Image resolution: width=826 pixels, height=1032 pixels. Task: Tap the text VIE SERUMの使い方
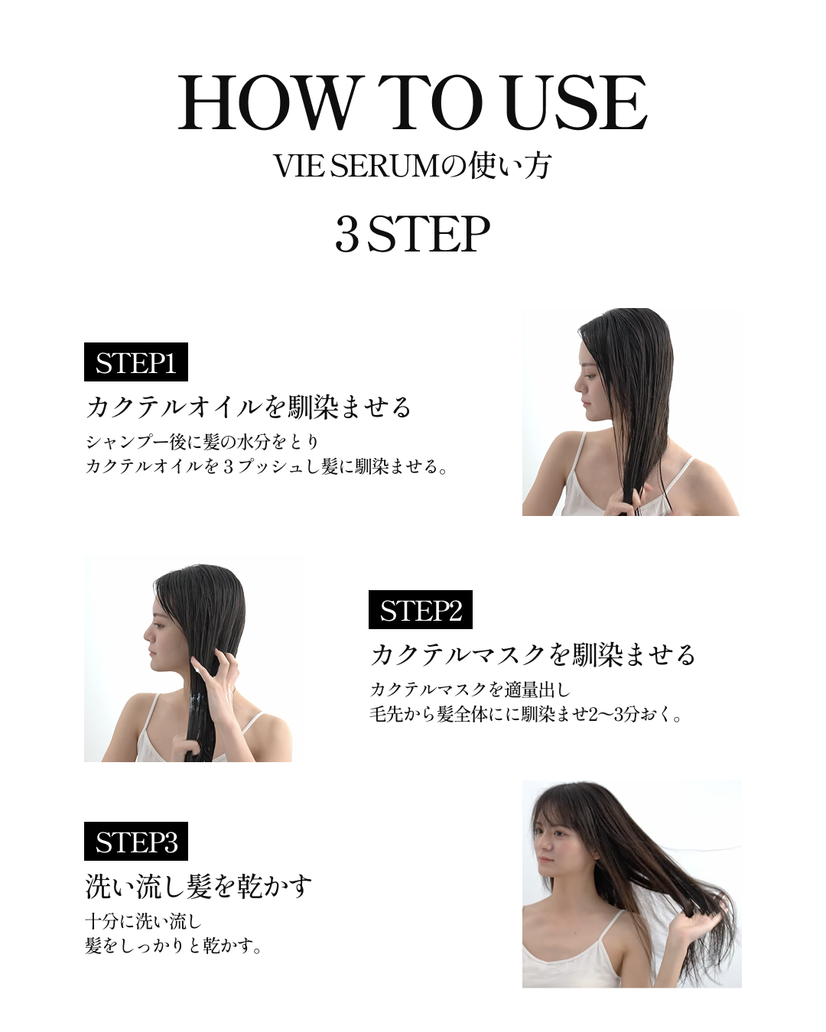[x=412, y=166]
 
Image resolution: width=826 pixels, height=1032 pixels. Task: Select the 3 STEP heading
[x=412, y=234]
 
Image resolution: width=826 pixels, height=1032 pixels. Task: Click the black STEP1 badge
[x=135, y=362]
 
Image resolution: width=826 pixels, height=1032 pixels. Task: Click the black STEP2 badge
[x=420, y=610]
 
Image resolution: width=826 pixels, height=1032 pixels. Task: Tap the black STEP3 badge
[x=135, y=842]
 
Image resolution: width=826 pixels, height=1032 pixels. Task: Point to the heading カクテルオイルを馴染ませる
[x=249, y=407]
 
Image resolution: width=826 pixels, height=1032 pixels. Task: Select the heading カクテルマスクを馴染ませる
[x=533, y=654]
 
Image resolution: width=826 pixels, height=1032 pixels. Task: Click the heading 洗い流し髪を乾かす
[x=198, y=887]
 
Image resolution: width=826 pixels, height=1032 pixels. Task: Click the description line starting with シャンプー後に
[x=202, y=441]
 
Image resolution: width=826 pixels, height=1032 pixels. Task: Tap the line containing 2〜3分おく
[x=526, y=715]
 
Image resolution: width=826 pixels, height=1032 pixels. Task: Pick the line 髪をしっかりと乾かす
[x=174, y=946]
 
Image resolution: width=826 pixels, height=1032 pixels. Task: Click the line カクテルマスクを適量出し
[x=470, y=690]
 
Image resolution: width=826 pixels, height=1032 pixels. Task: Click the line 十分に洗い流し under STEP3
[x=143, y=921]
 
